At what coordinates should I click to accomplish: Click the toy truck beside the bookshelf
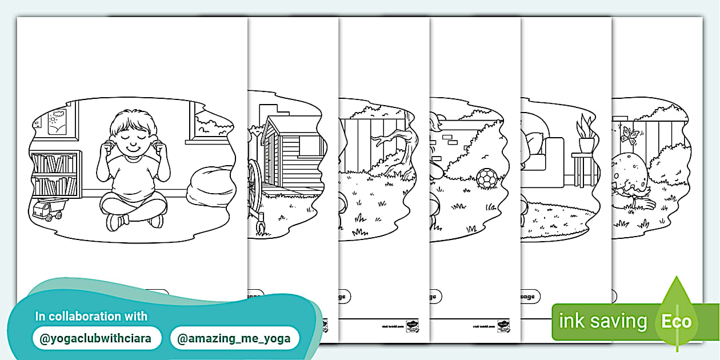47,210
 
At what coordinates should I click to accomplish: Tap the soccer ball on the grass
487,178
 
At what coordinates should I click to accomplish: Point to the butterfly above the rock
630,135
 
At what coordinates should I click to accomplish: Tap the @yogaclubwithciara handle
95,338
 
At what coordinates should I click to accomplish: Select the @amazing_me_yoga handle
234,338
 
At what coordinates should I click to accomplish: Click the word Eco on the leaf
677,321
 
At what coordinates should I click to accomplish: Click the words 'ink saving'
602,321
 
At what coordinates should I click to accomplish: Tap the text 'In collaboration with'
91,316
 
